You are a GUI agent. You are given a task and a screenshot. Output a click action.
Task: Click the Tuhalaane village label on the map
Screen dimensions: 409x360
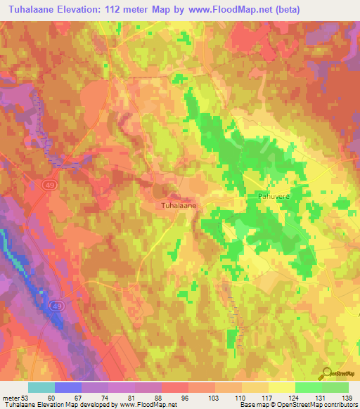179,206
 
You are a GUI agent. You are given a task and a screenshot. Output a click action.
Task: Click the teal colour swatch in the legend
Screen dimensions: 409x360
41,387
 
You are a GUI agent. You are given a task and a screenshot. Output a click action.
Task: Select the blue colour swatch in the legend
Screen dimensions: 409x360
67,387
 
